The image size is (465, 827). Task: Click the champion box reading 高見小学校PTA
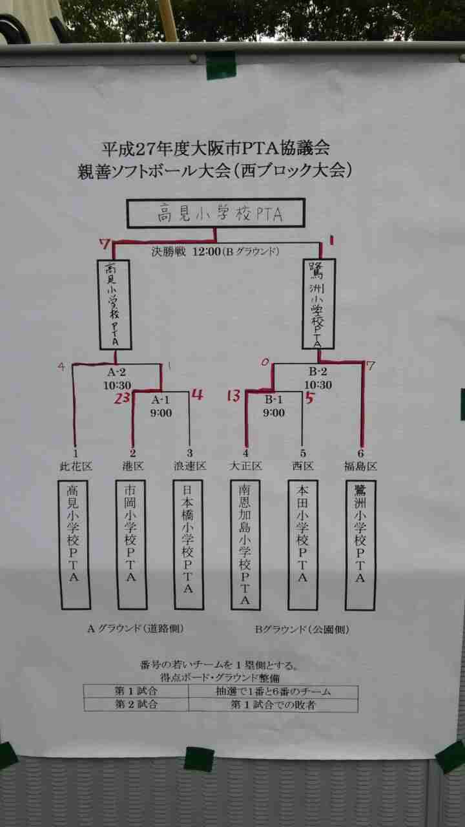click(216, 214)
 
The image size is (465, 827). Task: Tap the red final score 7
click(104, 244)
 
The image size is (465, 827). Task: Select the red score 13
click(233, 395)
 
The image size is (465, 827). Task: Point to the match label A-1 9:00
click(160, 406)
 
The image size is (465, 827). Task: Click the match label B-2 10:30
click(317, 378)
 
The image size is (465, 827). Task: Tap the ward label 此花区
click(75, 466)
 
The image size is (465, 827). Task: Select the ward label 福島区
click(360, 466)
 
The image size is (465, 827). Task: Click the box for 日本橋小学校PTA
click(189, 545)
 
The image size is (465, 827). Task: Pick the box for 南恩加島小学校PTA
click(245, 545)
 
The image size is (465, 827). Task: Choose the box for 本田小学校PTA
click(302, 545)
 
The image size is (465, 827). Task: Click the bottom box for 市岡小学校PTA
click(132, 545)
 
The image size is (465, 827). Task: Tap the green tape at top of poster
click(221, 65)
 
